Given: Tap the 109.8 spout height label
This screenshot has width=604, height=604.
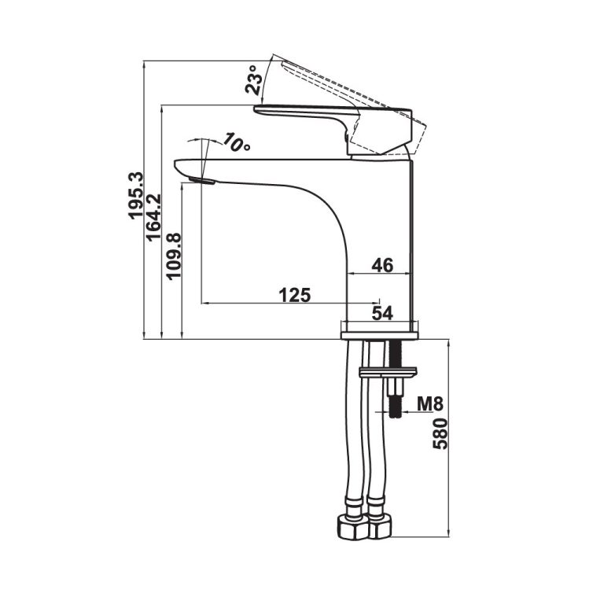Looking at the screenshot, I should [x=174, y=256].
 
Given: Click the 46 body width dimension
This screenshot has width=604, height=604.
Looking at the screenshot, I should [x=381, y=266].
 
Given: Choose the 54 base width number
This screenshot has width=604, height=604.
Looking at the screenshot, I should [x=382, y=313].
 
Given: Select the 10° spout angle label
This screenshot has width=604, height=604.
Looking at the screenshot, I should [x=236, y=143].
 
